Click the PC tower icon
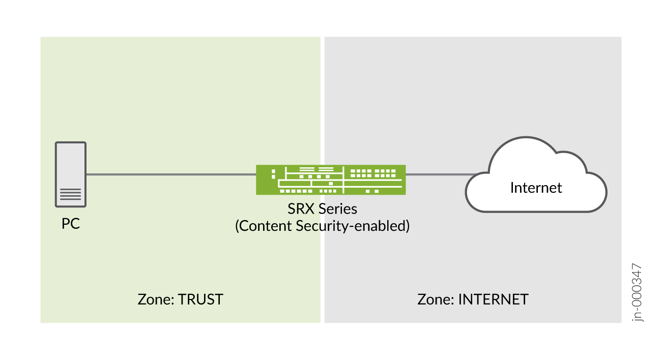coord(71,174)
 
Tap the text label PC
coord(71,224)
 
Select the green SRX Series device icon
coord(331,179)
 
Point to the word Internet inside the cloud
coord(536,188)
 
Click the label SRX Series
coord(323,209)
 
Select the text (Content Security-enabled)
coord(323,226)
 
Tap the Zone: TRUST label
coord(181,299)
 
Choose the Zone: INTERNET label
coord(473,299)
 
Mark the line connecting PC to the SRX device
coord(170,174)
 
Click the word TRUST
coord(200,299)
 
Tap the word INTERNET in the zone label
coord(493,299)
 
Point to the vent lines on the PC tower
coord(71,194)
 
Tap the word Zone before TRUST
coord(154,299)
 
